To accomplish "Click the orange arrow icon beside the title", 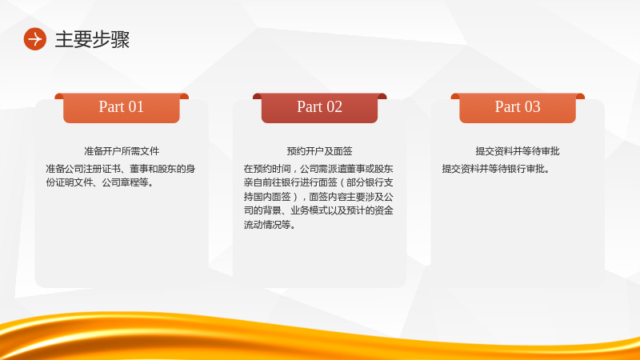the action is (x=35, y=39).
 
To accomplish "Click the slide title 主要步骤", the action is (x=92, y=39).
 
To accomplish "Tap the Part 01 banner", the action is (x=122, y=108).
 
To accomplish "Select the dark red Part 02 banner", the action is (x=319, y=108).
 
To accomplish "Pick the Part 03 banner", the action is (x=518, y=108).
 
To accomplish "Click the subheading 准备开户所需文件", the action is (x=122, y=151).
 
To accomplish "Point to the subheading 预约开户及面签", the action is (x=319, y=151).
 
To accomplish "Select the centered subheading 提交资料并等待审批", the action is (x=518, y=151).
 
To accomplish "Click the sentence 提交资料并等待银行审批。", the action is (x=496, y=169).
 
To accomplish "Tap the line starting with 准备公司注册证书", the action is (x=121, y=169).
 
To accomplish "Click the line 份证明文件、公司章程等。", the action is (x=100, y=182).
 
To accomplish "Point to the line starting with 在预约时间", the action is (x=318, y=169).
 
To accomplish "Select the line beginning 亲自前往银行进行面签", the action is (x=318, y=182).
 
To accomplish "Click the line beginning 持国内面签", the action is (x=318, y=197).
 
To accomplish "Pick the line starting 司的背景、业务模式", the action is (x=318, y=210).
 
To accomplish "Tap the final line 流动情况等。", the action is (x=270, y=225).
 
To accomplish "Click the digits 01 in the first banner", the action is (x=136, y=107).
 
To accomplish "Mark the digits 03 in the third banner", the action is (x=532, y=107).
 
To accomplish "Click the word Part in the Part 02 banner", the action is (x=310, y=107).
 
